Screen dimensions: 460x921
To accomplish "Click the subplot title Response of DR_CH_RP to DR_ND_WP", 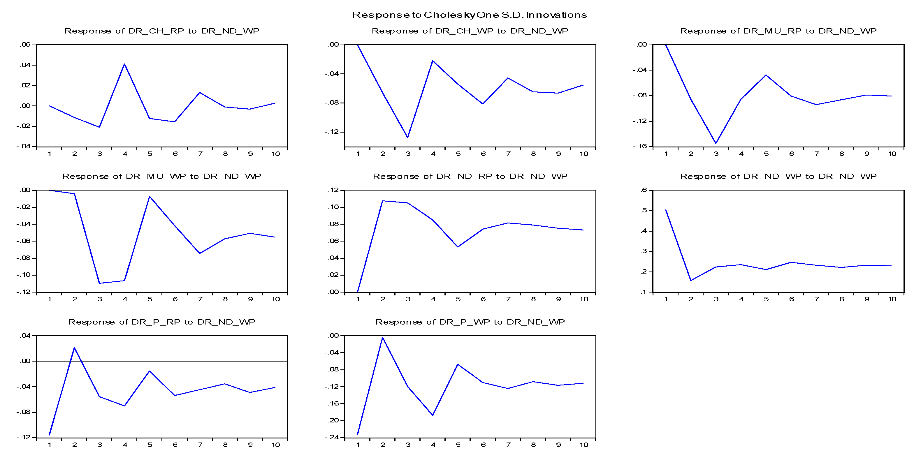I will (x=162, y=31).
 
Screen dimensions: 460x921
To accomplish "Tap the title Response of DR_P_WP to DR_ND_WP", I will (x=470, y=322).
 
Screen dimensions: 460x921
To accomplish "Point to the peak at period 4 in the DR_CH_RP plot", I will (x=124, y=64).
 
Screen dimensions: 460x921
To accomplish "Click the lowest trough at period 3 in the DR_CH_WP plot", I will (x=407, y=137).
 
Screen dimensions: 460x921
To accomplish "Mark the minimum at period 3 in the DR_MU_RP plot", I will (x=716, y=143).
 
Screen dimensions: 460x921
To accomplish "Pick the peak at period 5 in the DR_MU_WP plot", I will (x=150, y=197).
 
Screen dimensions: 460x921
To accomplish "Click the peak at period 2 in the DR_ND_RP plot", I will (x=383, y=201).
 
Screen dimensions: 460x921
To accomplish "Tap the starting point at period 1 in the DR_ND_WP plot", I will (x=666, y=210).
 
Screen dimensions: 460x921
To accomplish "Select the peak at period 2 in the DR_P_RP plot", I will (x=74, y=348).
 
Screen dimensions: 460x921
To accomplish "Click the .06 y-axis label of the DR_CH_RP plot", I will (x=25, y=45).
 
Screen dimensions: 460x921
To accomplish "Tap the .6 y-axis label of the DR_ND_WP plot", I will (x=644, y=190).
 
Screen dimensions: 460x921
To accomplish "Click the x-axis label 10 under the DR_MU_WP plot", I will (x=276, y=299).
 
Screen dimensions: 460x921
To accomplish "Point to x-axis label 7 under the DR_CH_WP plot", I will (x=508, y=154).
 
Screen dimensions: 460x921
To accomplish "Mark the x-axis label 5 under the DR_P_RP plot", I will (x=150, y=445).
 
